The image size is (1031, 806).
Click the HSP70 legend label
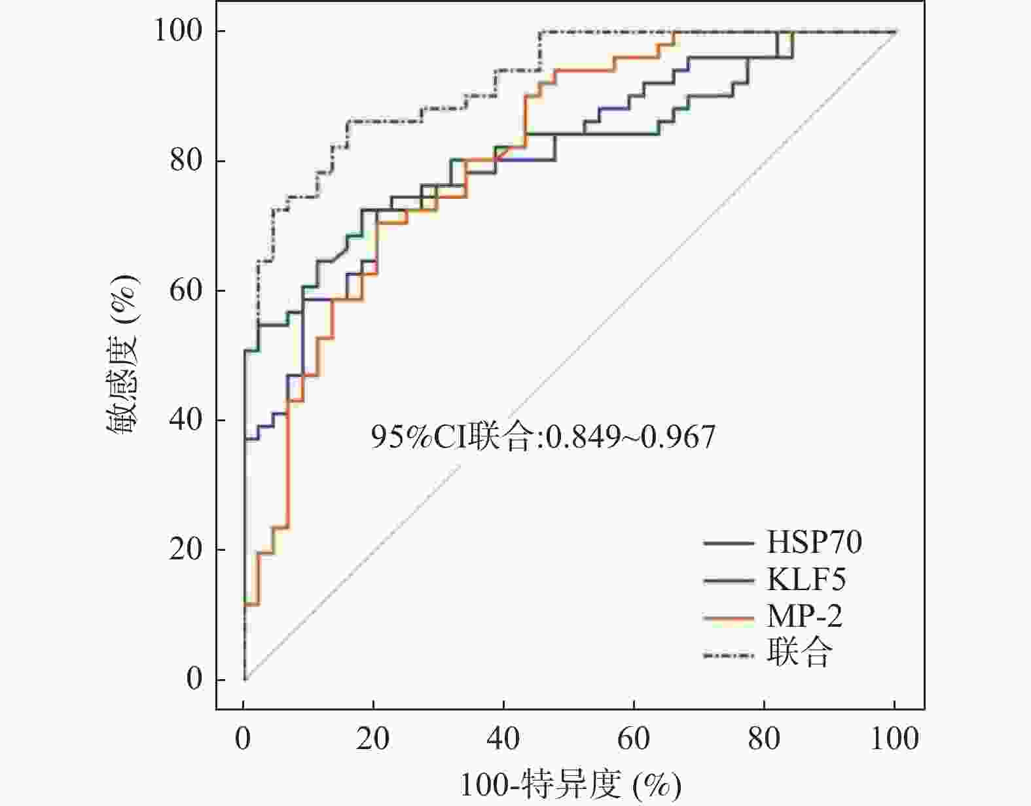tap(814, 542)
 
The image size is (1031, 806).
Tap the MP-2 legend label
tap(805, 616)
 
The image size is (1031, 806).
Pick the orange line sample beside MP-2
tap(729, 617)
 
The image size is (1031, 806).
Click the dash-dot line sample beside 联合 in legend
tap(729, 654)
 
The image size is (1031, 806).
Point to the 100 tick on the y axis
tap(181, 31)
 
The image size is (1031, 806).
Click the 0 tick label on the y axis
tap(195, 679)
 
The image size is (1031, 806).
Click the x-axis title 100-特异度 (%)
tap(570, 785)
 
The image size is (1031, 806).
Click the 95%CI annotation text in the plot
tap(543, 437)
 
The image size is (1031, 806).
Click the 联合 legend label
tap(799, 653)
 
